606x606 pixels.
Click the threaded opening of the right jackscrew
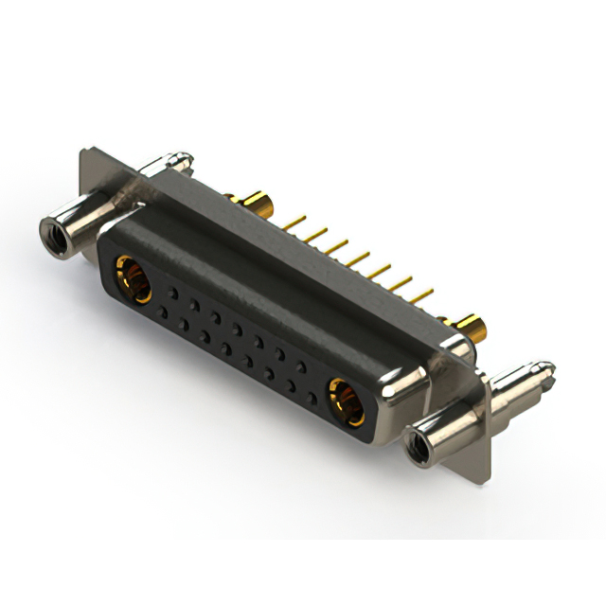[x=414, y=442]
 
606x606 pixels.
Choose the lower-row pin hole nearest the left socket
[x=163, y=312]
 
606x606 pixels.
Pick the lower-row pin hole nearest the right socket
[x=312, y=394]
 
